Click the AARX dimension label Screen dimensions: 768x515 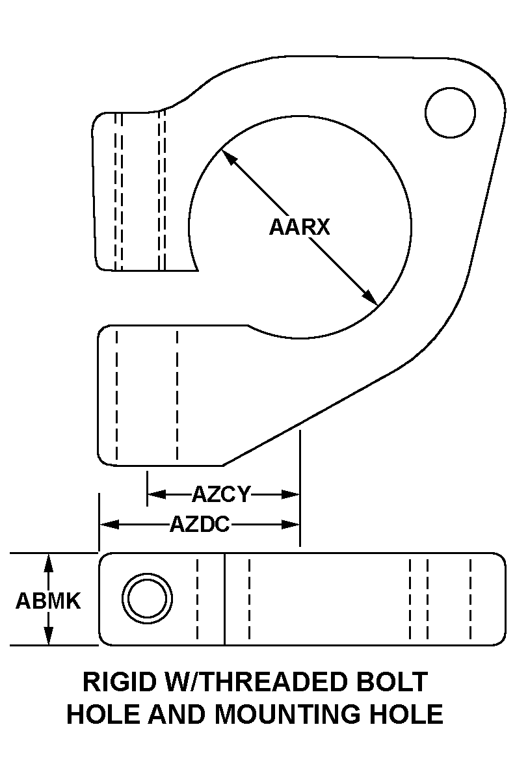pyautogui.click(x=300, y=227)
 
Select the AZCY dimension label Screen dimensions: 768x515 pyautogui.click(x=221, y=495)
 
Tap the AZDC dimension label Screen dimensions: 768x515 pyautogui.click(x=200, y=524)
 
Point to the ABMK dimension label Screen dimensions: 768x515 pyautogui.click(x=48, y=601)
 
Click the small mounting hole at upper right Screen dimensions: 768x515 pyautogui.click(x=450, y=113)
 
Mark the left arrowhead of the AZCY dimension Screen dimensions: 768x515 pyautogui.click(x=155, y=495)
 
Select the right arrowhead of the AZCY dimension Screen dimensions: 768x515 pyautogui.click(x=292, y=495)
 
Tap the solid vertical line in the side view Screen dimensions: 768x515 pyautogui.click(x=224, y=599)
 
